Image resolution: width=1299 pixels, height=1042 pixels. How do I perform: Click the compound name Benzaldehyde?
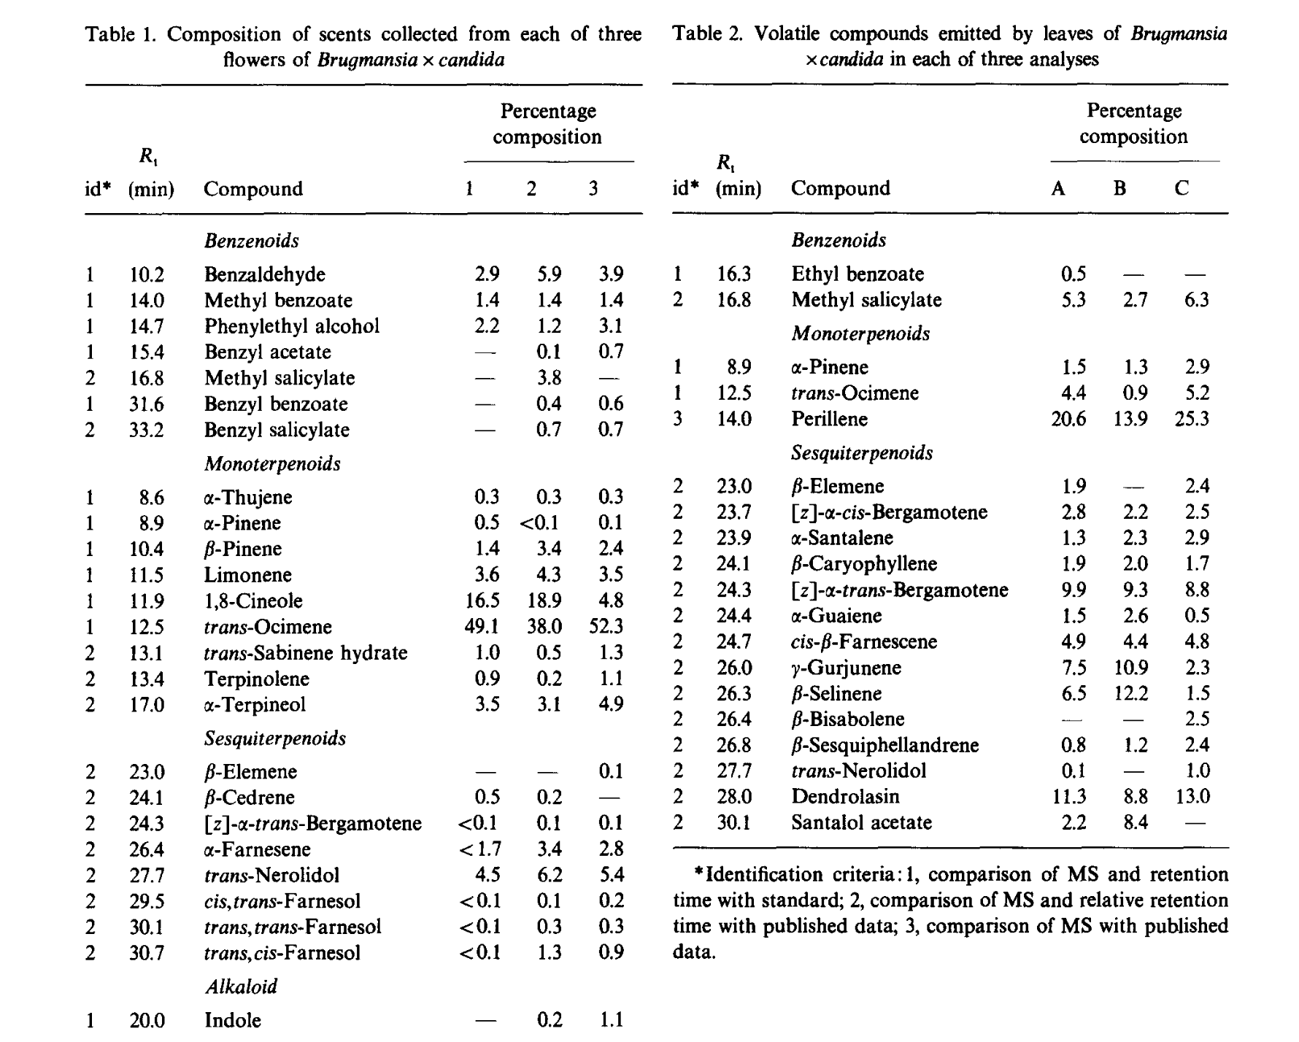[264, 274]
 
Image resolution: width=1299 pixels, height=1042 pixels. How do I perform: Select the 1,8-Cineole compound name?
[253, 601]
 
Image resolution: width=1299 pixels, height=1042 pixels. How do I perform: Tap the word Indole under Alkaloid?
[232, 1019]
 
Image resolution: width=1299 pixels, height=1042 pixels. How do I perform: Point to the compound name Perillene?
[829, 419]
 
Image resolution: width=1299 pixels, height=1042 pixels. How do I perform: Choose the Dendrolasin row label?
[845, 796]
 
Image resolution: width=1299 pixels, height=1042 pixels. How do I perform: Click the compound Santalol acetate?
[861, 822]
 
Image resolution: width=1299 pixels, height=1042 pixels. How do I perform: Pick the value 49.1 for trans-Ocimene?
[482, 627]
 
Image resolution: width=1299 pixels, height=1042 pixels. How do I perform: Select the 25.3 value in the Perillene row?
[1192, 419]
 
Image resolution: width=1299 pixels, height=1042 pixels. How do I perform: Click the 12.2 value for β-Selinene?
[1130, 693]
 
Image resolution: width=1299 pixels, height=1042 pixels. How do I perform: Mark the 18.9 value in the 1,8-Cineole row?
[544, 601]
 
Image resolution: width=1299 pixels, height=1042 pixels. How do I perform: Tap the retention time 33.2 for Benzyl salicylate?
[147, 430]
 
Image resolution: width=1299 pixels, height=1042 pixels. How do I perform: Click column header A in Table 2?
[1057, 188]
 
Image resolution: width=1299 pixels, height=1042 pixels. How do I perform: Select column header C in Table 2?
[1182, 188]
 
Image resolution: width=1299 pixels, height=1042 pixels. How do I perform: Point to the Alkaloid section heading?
[241, 987]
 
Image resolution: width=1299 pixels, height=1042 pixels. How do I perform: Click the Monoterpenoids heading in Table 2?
[860, 333]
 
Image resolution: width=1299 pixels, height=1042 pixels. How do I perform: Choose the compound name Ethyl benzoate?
[857, 274]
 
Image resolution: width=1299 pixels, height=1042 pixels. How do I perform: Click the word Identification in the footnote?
[763, 874]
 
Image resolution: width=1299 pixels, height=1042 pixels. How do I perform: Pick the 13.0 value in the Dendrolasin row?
[1192, 796]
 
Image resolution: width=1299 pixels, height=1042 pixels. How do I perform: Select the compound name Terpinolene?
[256, 679]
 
